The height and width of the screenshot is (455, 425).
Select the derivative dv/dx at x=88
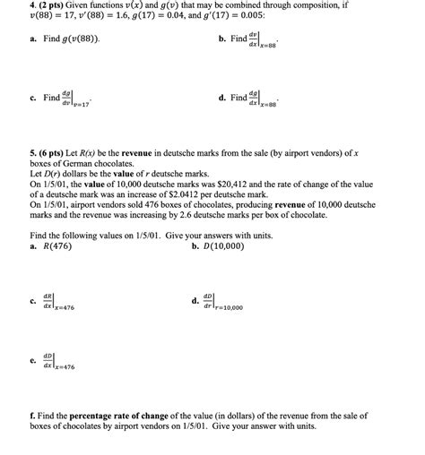pos(265,41)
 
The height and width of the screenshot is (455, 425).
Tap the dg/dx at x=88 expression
pos(265,99)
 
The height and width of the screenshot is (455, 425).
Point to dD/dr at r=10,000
pos(221,303)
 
